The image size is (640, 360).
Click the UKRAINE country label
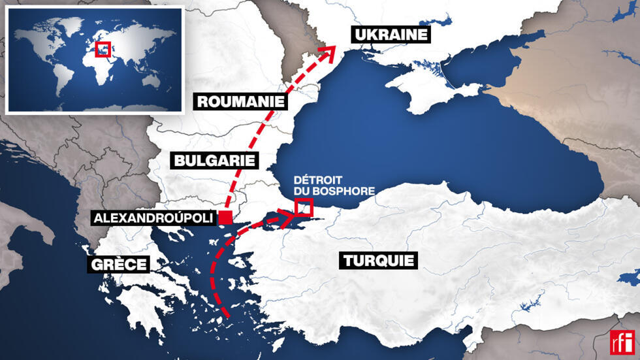[x=391, y=35]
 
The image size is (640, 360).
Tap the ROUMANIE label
[x=241, y=101]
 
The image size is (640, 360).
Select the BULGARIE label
[x=213, y=161]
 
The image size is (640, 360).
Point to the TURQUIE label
[x=378, y=261]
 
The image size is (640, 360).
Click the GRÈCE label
[x=119, y=265]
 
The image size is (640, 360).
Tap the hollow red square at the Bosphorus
[x=304, y=208]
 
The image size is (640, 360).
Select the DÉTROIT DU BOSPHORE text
[x=334, y=185]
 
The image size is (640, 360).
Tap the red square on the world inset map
[x=103, y=50]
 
